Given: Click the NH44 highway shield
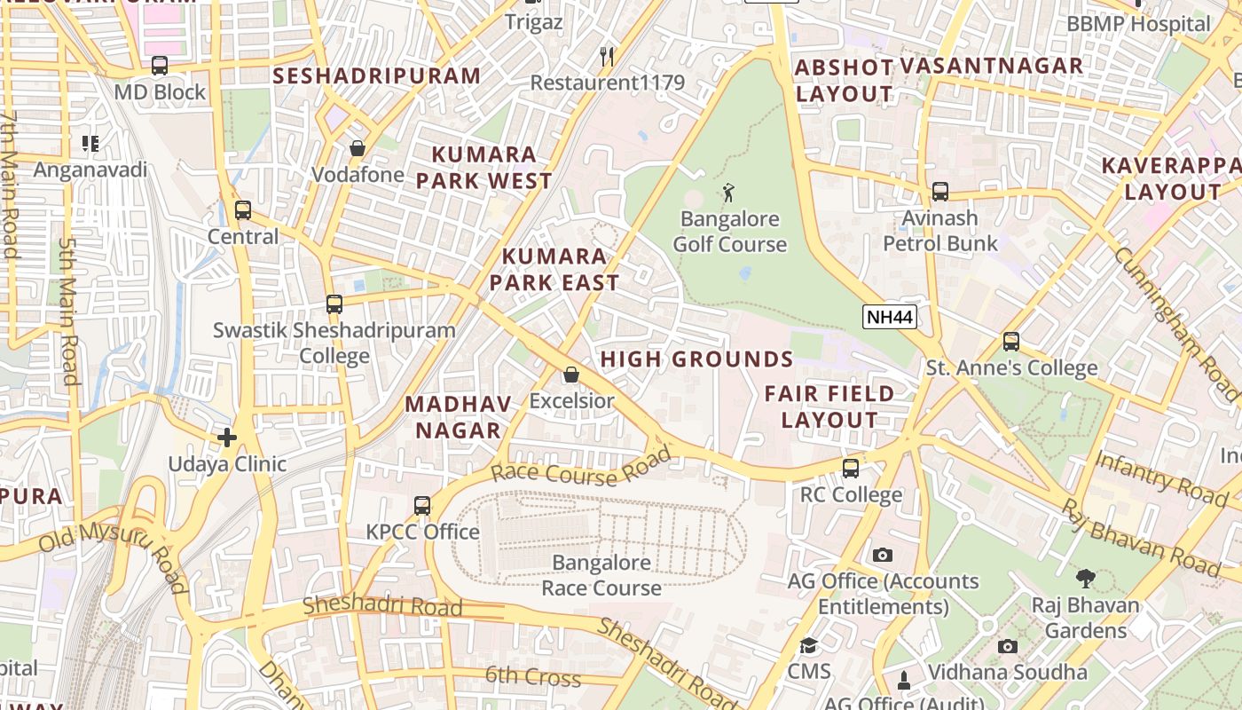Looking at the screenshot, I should click(x=889, y=318).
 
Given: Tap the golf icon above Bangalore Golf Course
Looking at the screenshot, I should click(x=728, y=192).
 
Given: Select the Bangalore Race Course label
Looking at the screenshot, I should click(x=601, y=575).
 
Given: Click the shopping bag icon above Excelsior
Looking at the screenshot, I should click(x=571, y=375).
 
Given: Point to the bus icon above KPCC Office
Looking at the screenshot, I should click(x=422, y=506).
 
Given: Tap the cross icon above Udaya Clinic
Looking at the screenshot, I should click(x=227, y=437).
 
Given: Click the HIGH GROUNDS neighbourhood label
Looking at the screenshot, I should click(x=696, y=359).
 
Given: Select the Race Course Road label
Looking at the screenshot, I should click(x=581, y=468).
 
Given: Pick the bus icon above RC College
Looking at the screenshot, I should click(x=850, y=469).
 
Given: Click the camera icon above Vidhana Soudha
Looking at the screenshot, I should click(x=1007, y=646).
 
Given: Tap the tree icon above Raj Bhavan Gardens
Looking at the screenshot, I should click(x=1084, y=580).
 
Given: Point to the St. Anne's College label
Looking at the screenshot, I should click(x=1011, y=367).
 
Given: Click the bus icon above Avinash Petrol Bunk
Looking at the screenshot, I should click(x=939, y=192).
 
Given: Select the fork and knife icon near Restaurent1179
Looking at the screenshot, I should click(x=607, y=57).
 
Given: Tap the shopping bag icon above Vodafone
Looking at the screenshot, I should click(x=357, y=148).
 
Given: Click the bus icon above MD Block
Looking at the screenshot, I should click(x=160, y=66).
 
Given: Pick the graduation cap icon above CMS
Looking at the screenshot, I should click(x=808, y=645).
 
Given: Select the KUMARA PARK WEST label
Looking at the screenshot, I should click(x=484, y=168).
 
